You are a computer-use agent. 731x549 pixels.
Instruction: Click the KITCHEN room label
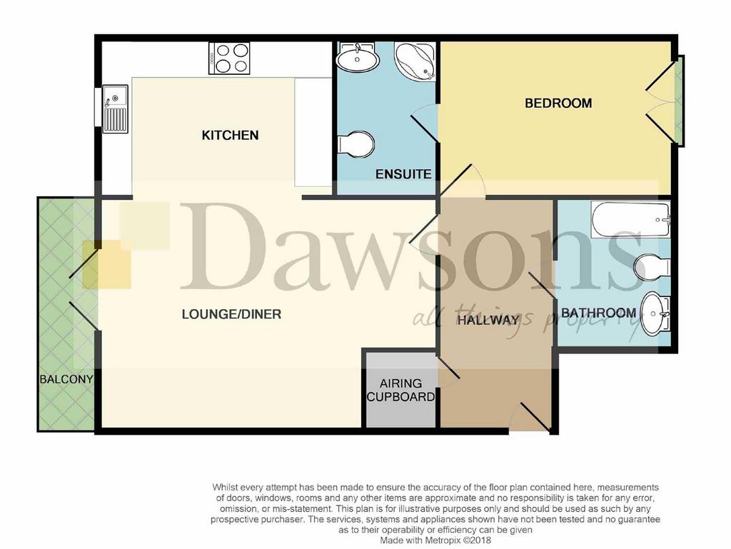tap(230, 135)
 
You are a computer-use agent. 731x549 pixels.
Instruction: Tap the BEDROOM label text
tap(558, 103)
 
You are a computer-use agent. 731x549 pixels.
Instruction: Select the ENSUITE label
tap(403, 174)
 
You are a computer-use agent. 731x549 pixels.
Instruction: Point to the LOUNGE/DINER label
tap(231, 314)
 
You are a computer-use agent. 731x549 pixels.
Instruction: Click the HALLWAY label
tap(488, 320)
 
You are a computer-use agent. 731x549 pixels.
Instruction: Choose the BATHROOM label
tap(599, 313)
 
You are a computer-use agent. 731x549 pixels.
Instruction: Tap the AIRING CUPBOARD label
tap(400, 390)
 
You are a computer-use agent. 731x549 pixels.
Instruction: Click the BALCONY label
tap(66, 379)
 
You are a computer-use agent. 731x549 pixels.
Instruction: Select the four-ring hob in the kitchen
tap(229, 59)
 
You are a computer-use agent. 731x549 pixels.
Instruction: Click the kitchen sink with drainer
tap(115, 109)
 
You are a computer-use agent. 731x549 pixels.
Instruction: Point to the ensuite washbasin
tap(357, 58)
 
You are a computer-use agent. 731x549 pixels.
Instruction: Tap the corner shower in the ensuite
tap(415, 61)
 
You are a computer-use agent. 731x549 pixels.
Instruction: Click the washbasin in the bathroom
tap(655, 313)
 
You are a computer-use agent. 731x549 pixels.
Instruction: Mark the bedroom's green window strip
tap(680, 101)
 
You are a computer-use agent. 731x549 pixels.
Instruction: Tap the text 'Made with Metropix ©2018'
tap(435, 540)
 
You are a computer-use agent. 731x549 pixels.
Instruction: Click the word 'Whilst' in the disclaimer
tap(224, 488)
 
